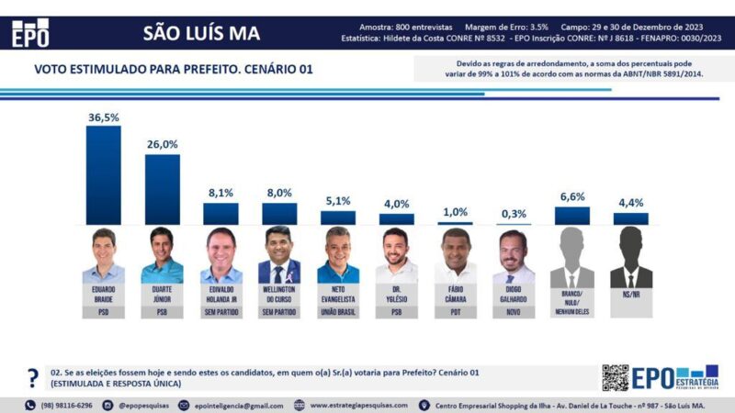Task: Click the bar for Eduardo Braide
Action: point(103,174)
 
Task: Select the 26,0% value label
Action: point(162,145)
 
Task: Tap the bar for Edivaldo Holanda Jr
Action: point(220,214)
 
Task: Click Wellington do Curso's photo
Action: point(279,256)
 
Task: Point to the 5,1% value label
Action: point(337,202)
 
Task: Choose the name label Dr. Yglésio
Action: point(396,297)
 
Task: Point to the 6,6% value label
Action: point(571,197)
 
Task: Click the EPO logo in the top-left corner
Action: point(29,33)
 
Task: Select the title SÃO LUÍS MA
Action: point(202,34)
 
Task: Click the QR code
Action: point(615,378)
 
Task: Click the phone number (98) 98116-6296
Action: point(65,405)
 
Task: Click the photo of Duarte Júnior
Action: point(162,256)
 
